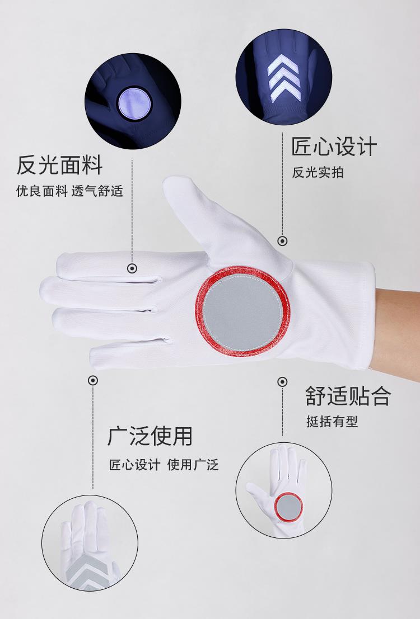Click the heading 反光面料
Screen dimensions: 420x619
(59, 165)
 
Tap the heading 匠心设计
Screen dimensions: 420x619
(334, 147)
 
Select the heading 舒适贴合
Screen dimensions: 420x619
(348, 396)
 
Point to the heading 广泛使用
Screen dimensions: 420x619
(150, 436)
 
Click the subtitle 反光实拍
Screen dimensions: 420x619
(318, 173)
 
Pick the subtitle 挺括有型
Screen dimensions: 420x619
(332, 422)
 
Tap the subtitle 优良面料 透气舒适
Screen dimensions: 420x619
(69, 191)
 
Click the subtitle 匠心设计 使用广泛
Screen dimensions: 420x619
(164, 465)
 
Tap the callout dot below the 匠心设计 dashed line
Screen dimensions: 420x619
(282, 241)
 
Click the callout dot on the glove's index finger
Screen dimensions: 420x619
(132, 268)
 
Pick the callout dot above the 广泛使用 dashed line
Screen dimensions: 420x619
(93, 381)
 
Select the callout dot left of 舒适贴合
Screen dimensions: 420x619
(282, 382)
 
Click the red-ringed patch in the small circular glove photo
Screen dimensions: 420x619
(289, 507)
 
